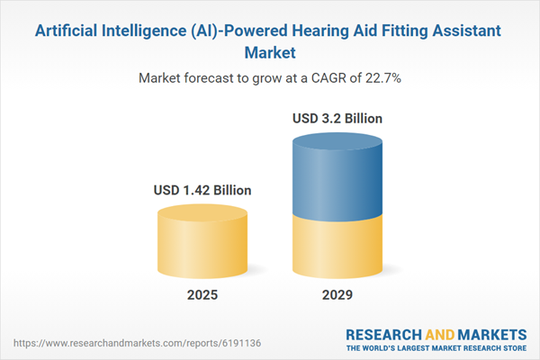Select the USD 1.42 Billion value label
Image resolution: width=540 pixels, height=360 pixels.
[201, 190]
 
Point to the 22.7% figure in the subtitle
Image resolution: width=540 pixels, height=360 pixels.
[382, 78]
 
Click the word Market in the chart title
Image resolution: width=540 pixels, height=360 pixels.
[270, 52]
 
